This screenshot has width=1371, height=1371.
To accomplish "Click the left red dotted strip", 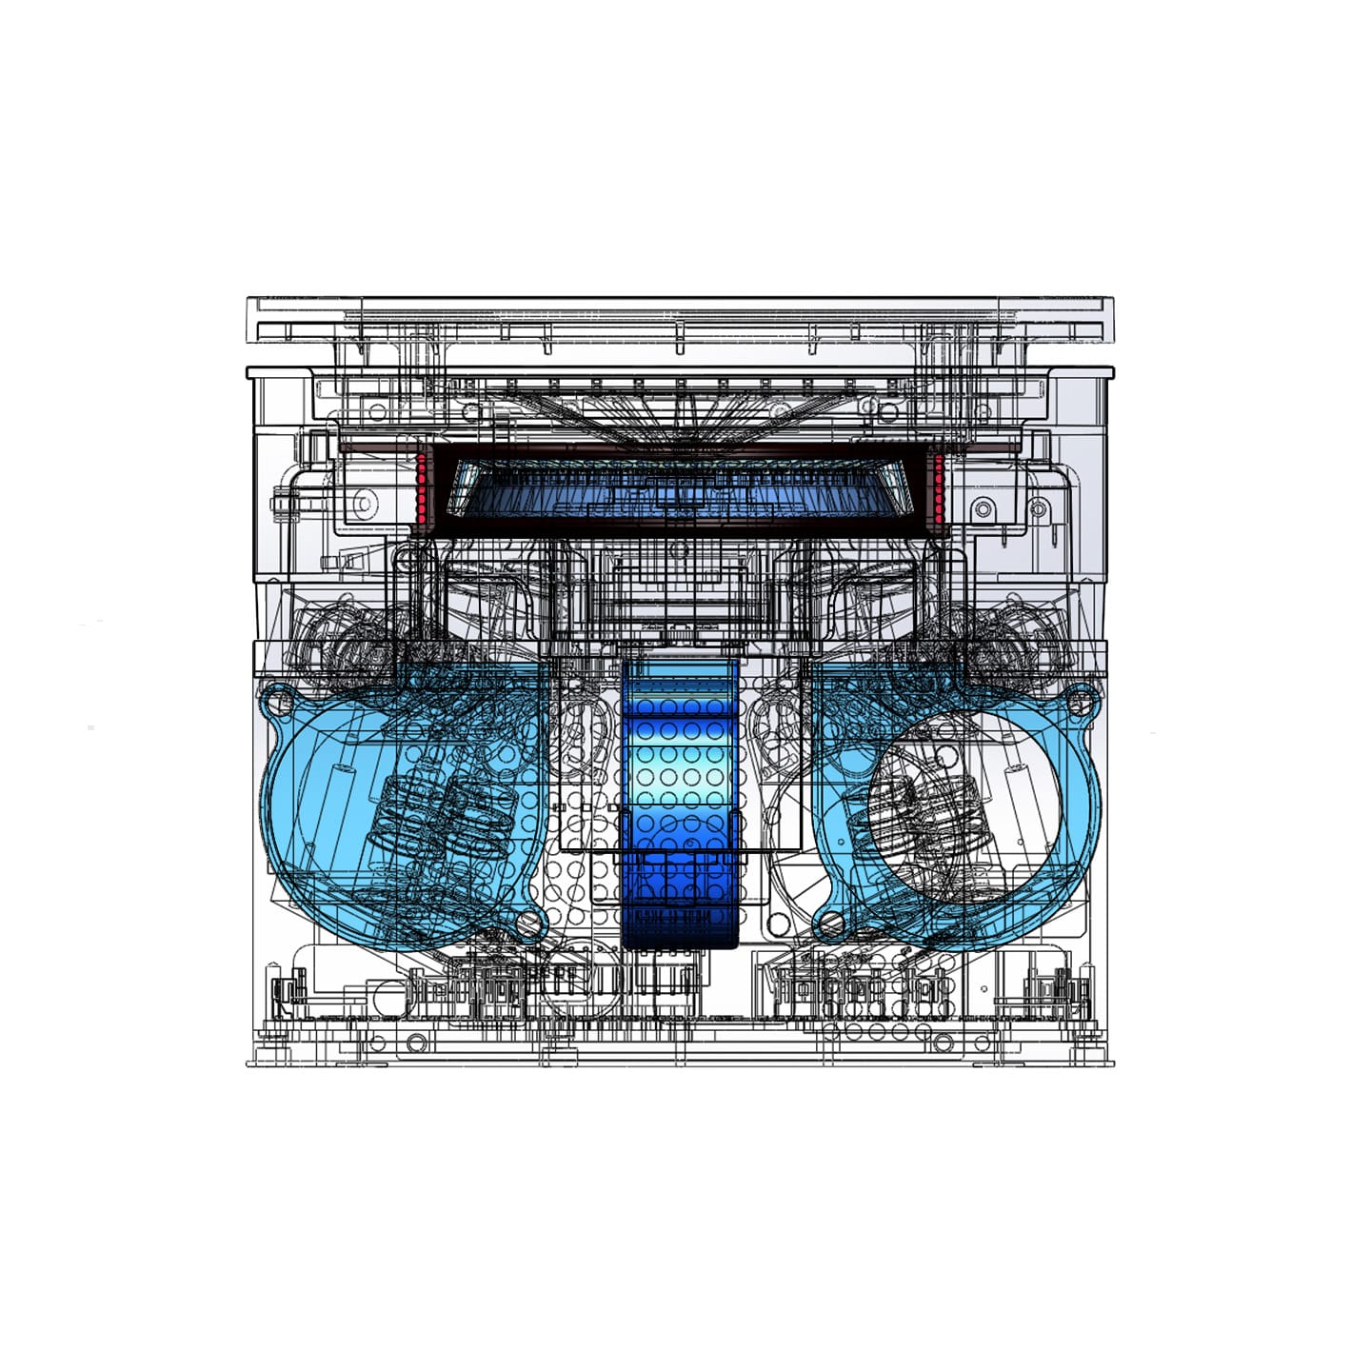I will pyautogui.click(x=421, y=488).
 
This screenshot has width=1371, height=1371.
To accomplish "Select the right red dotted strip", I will pyautogui.click(x=939, y=488).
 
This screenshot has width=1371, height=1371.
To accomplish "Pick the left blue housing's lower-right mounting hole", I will pyautogui.click(x=527, y=922).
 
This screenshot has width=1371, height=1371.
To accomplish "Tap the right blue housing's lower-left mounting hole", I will pyautogui.click(x=830, y=922).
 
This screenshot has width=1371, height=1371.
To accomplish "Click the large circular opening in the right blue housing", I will pyautogui.click(x=962, y=809).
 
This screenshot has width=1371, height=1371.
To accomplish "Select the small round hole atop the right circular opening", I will pyautogui.click(x=944, y=758).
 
